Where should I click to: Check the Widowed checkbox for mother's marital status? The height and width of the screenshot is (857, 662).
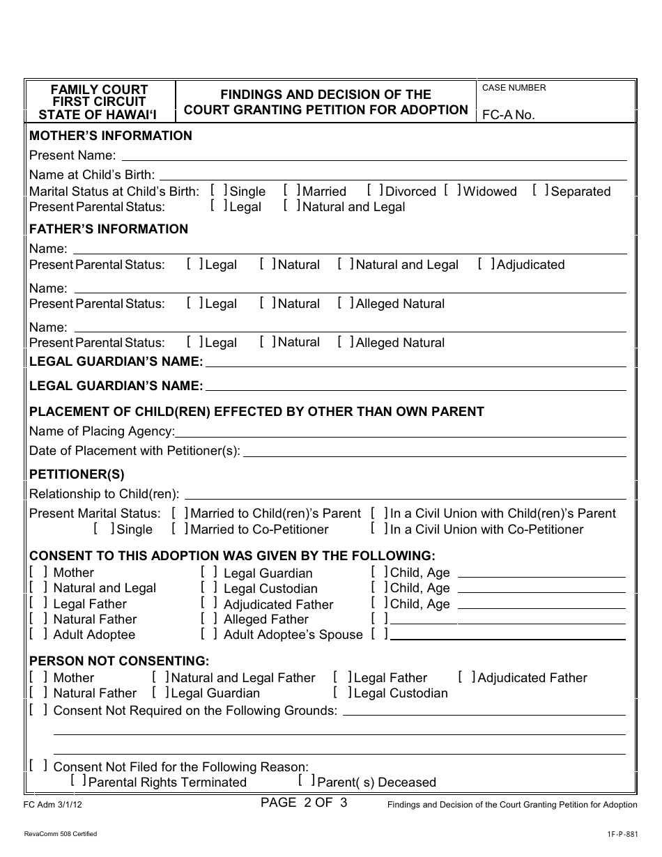pyautogui.click(x=452, y=190)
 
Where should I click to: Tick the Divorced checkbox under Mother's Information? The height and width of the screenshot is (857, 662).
pyautogui.click(x=375, y=190)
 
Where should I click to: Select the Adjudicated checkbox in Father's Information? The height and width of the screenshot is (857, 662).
pyautogui.click(x=486, y=263)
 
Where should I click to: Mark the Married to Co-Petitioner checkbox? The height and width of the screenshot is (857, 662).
pyautogui.click(x=180, y=528)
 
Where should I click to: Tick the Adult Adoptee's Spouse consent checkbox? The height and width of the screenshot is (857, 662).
pyautogui.click(x=208, y=633)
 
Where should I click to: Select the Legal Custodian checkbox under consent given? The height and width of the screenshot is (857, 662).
pyautogui.click(x=208, y=587)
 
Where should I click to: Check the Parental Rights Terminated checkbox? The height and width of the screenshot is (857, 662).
pyautogui.click(x=78, y=781)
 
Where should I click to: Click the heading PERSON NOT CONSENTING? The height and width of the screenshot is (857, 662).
pyautogui.click(x=118, y=661)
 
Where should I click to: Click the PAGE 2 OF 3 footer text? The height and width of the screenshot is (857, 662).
pyautogui.click(x=304, y=802)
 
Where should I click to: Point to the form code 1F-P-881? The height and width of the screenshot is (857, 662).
pyautogui.click(x=622, y=834)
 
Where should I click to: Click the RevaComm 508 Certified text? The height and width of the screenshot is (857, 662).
pyautogui.click(x=60, y=834)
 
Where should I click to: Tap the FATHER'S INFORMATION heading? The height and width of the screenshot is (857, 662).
pyautogui.click(x=109, y=229)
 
